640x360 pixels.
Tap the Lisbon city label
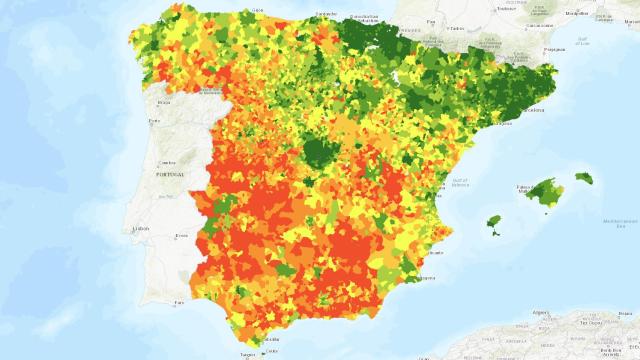[140, 229]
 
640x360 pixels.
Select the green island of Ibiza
[492, 222]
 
